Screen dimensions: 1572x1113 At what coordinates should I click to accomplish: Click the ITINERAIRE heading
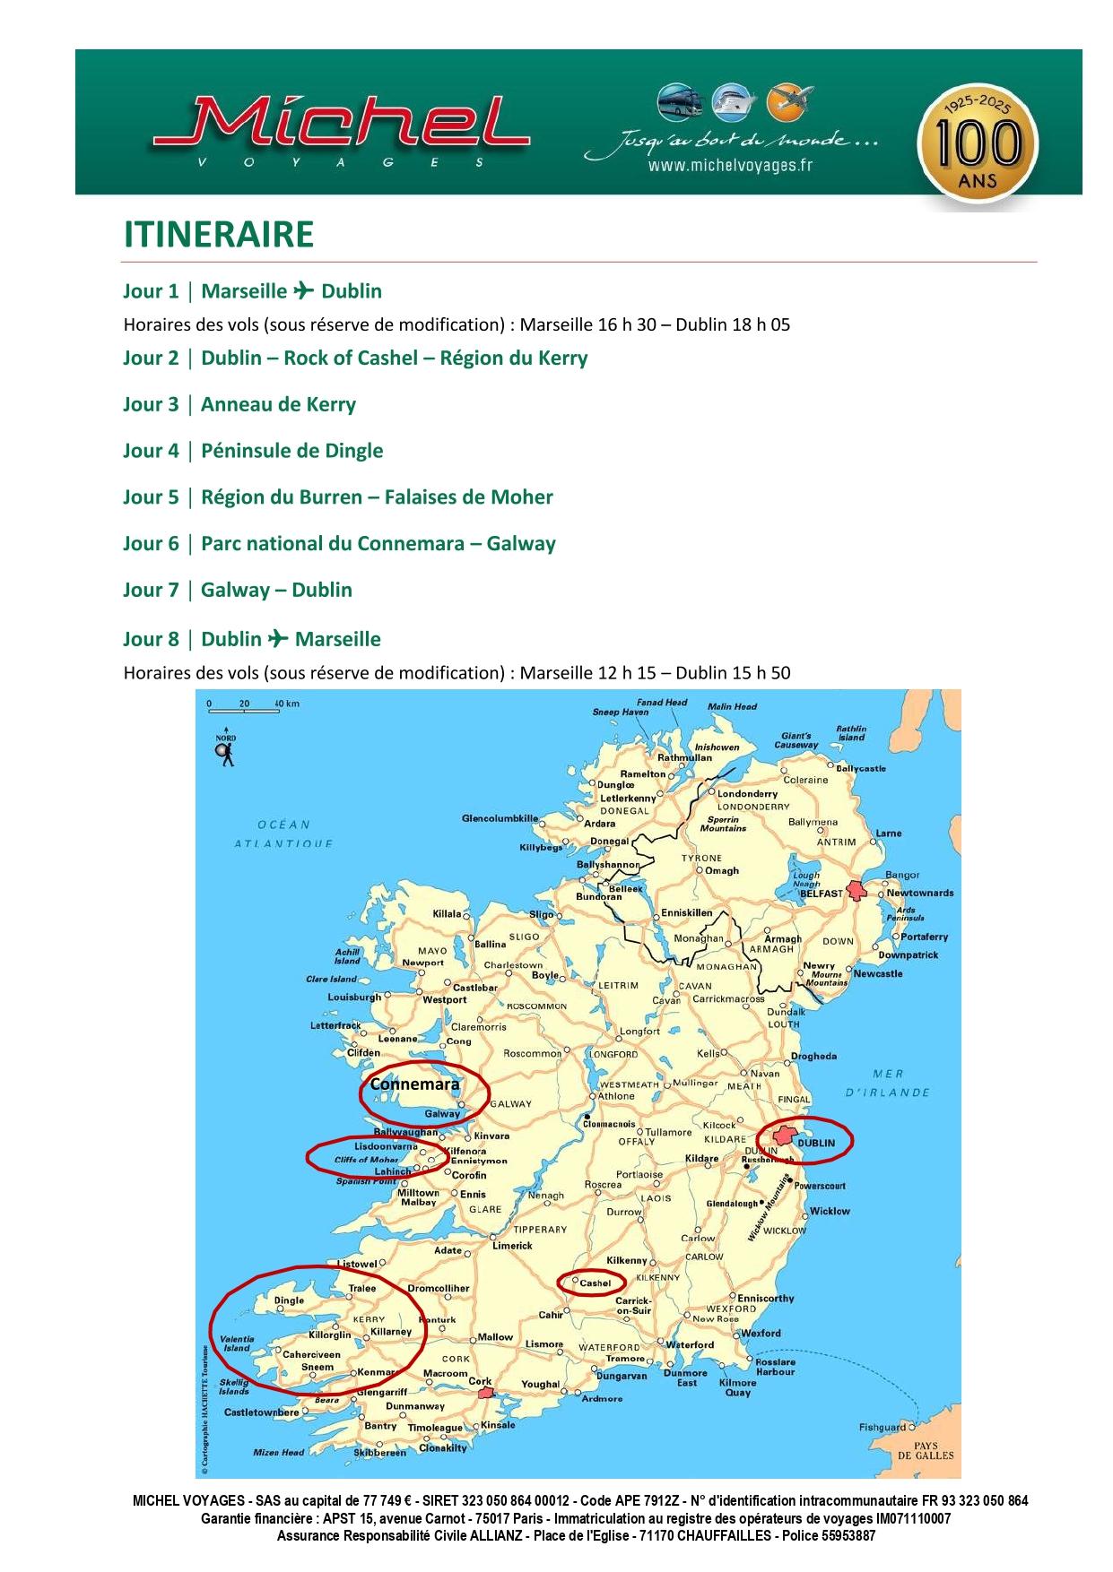pos(218,235)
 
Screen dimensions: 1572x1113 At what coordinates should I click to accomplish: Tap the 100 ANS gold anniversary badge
pos(977,143)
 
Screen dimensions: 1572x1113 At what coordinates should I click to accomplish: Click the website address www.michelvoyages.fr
pos(730,166)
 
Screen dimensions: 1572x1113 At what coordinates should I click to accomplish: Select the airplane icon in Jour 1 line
pos(303,290)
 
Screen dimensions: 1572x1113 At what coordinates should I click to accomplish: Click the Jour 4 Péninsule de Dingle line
pos(253,451)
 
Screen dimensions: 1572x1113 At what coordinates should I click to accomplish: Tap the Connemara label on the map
pos(414,1084)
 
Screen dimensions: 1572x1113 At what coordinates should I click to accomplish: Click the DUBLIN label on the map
pos(815,1143)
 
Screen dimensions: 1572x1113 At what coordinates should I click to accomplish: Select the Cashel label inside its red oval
pos(595,1283)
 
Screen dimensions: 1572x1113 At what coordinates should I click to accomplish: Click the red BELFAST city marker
pos(857,890)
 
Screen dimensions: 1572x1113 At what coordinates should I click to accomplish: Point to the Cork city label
pos(480,1381)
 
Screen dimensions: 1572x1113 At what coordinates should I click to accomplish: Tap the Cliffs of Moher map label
pos(366,1160)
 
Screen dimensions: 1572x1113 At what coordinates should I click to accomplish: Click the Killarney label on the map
pos(390,1332)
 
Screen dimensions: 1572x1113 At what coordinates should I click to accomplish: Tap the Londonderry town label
pos(747,793)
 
